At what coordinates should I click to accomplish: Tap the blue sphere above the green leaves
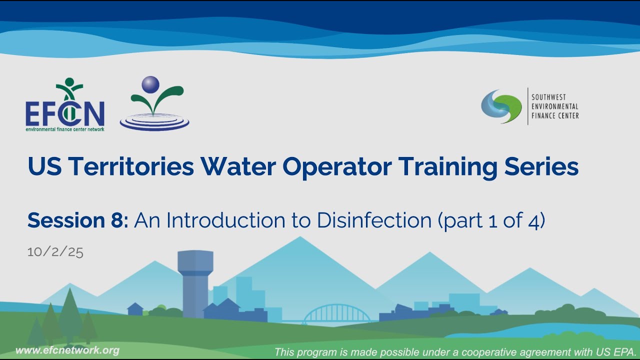(149, 84)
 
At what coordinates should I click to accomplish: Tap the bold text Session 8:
(78, 220)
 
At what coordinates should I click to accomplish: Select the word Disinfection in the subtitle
(373, 220)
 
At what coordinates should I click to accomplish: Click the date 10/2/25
(55, 251)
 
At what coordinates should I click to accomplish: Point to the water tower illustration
(195, 282)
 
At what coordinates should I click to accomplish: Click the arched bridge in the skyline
(337, 314)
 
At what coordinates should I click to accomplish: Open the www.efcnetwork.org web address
(67, 350)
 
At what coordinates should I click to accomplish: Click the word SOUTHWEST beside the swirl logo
(548, 97)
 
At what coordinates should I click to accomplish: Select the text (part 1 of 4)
(491, 220)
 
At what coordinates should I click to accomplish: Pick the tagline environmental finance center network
(65, 129)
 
